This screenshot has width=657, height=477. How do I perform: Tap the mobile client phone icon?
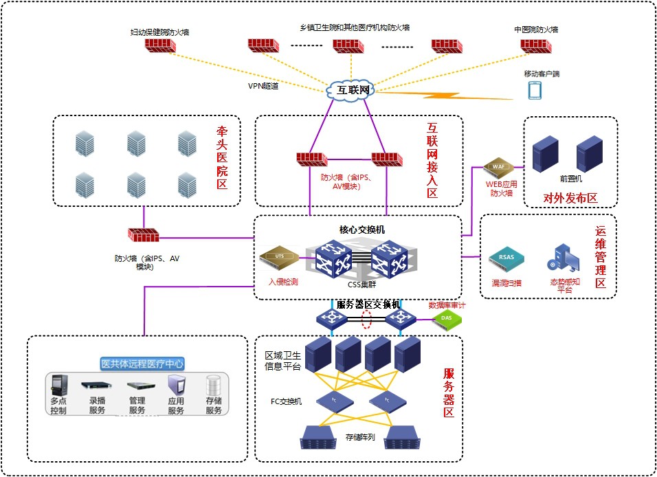pos(535,90)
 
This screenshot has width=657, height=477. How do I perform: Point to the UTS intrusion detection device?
pos(279,258)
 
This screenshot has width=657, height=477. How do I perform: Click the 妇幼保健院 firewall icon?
pos(161,45)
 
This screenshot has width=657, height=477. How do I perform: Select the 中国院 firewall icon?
pos(535,46)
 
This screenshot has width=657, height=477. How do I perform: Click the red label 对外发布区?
pos(570,198)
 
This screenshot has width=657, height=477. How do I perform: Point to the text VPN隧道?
pos(263,87)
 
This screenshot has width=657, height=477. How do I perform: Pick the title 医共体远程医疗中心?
pos(142,364)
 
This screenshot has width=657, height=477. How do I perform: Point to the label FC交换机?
pos(286,401)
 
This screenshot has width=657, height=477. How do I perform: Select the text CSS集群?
pos(361,283)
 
